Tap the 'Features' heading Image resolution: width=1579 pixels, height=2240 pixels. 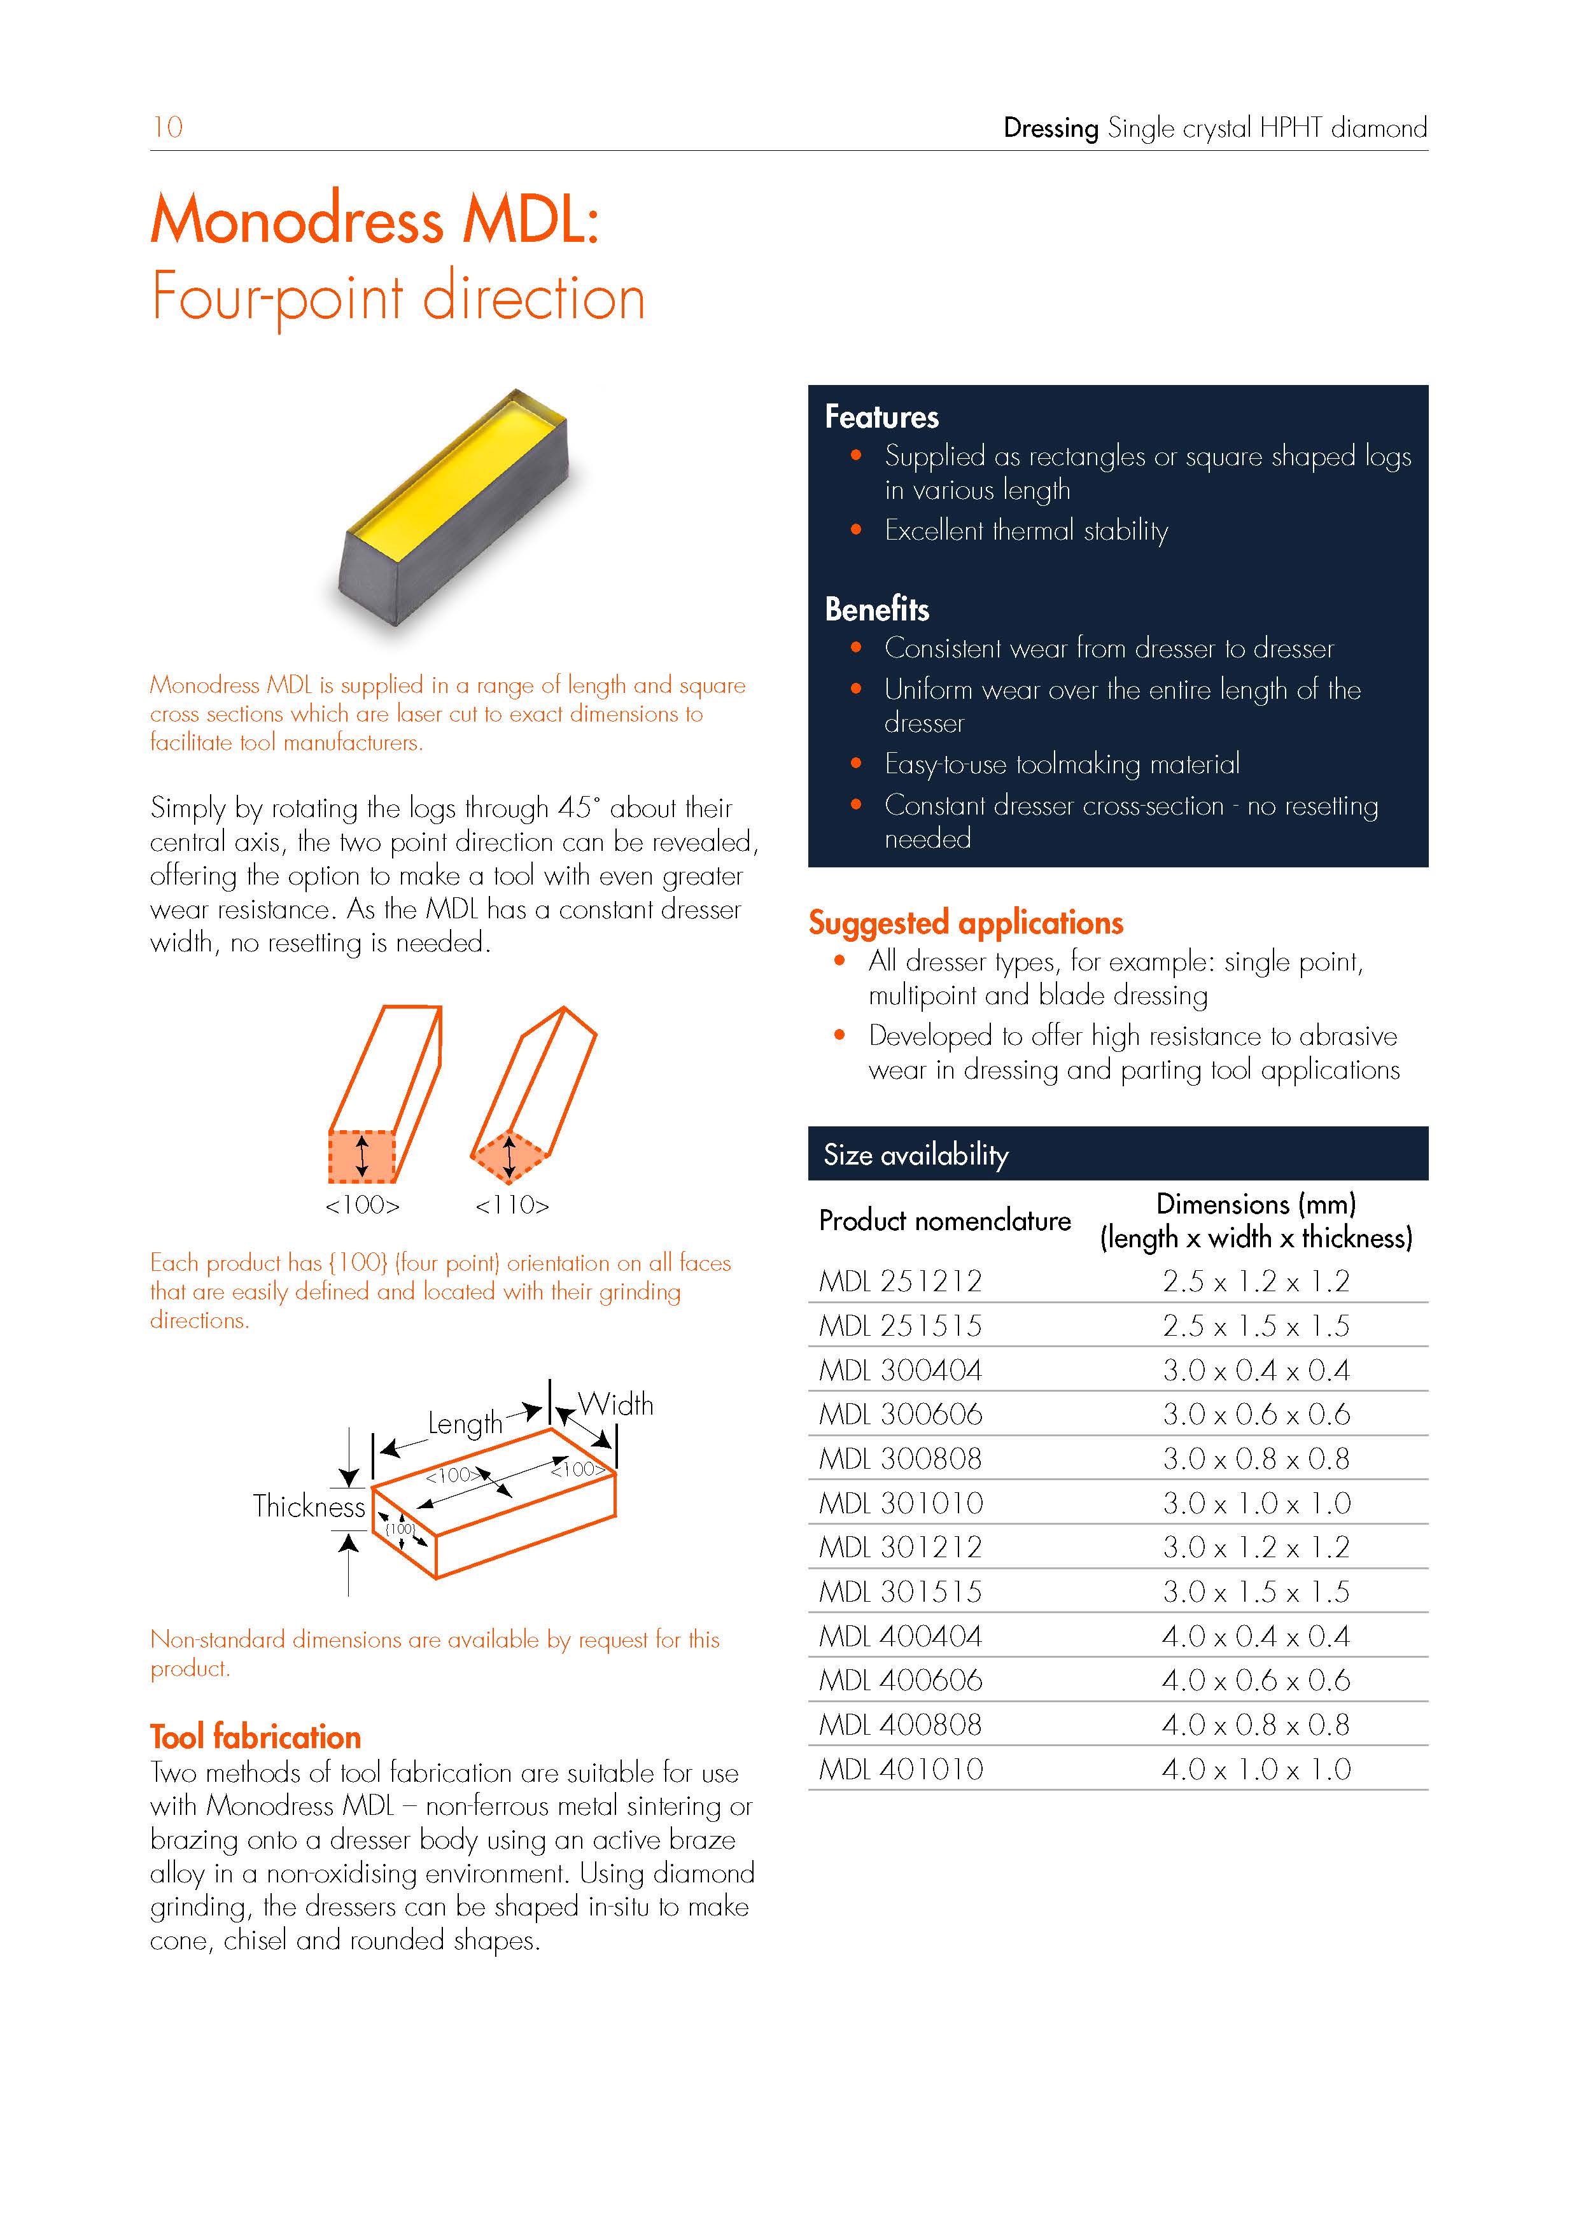pos(881,417)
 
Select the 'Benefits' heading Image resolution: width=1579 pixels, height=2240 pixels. pos(876,609)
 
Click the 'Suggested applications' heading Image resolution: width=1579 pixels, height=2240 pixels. pos(965,922)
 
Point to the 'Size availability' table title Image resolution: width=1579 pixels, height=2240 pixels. pos(915,1154)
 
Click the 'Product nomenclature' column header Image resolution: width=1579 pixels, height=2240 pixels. pos(944,1221)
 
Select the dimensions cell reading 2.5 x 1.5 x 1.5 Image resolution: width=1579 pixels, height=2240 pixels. pos(1255,1326)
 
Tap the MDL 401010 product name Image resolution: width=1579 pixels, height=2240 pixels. pos(901,1769)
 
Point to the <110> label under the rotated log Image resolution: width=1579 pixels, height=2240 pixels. pos(512,1206)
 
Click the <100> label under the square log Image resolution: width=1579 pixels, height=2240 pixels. pos(362,1206)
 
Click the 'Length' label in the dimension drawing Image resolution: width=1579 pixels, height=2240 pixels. pos(465,1424)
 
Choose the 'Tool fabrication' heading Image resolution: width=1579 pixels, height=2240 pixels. pos(256,1737)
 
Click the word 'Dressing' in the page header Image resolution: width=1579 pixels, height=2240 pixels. pos(1050,128)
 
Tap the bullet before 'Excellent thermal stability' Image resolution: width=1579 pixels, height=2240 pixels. pos(856,529)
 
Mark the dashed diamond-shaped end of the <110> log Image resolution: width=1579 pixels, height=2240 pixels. pos(507,1156)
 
